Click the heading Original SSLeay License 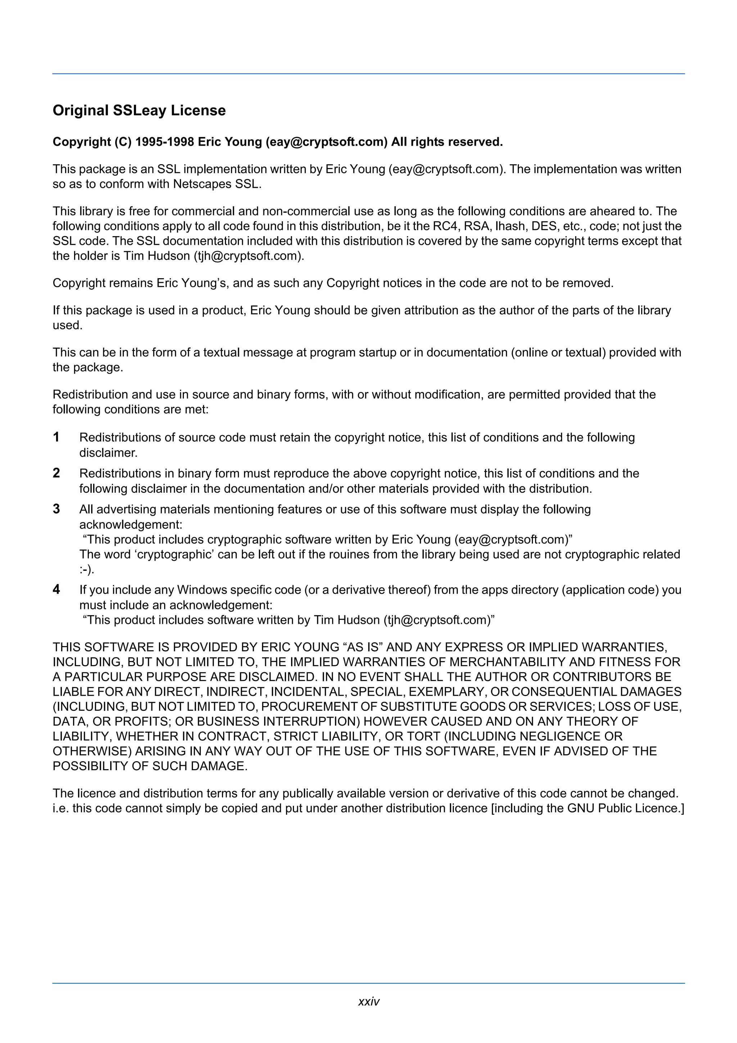[x=139, y=110]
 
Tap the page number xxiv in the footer [x=368, y=1001]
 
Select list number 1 [x=56, y=437]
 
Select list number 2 [x=56, y=473]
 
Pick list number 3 [x=56, y=509]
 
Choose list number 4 [x=56, y=589]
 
